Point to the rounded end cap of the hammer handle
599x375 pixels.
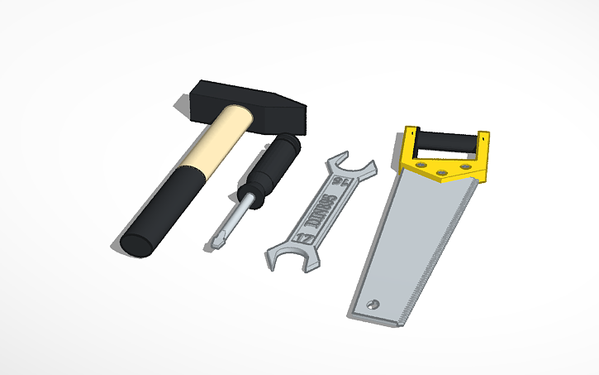[135, 245]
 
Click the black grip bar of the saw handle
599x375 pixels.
[447, 142]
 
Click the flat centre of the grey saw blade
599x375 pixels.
[413, 240]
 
